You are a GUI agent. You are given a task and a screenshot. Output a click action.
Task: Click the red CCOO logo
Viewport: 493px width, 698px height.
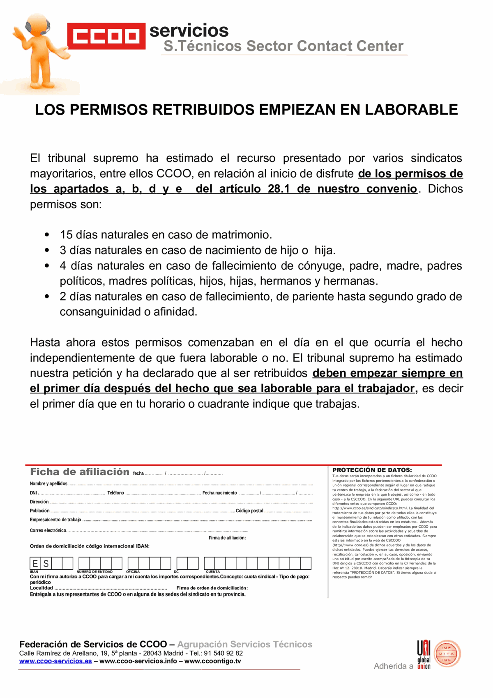pyautogui.click(x=106, y=36)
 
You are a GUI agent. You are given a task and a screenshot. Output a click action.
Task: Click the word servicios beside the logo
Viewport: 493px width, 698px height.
pyautogui.click(x=189, y=30)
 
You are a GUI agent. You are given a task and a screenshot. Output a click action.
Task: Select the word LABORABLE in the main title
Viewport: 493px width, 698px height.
pyautogui.click(x=411, y=110)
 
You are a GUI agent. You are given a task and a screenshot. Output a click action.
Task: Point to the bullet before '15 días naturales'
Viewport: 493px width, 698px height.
pyautogui.click(x=47, y=235)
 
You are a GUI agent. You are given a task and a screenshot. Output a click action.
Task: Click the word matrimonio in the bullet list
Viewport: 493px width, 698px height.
pyautogui.click(x=242, y=235)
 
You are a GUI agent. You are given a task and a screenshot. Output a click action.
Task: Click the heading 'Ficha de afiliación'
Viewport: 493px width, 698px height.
pyautogui.click(x=80, y=472)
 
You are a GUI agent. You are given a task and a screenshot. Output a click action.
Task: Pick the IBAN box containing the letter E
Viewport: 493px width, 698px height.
pyautogui.click(x=35, y=564)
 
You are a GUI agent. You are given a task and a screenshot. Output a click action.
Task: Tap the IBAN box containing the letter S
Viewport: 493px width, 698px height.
pyautogui.click(x=46, y=564)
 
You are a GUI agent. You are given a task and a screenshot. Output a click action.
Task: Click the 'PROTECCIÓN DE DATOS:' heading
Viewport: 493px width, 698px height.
pyautogui.click(x=372, y=470)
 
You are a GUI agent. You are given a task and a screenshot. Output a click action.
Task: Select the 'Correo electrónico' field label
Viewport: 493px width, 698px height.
pyautogui.click(x=48, y=530)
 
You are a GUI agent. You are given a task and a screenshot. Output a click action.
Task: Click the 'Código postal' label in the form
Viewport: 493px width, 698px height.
pyautogui.click(x=249, y=511)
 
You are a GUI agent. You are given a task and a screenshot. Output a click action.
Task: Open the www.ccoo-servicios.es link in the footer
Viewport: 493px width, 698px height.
pyautogui.click(x=55, y=661)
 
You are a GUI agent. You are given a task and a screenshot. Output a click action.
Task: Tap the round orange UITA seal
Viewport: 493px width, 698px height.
pyautogui.click(x=447, y=654)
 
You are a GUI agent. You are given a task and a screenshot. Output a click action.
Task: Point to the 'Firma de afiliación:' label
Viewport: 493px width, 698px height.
pyautogui.click(x=227, y=538)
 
